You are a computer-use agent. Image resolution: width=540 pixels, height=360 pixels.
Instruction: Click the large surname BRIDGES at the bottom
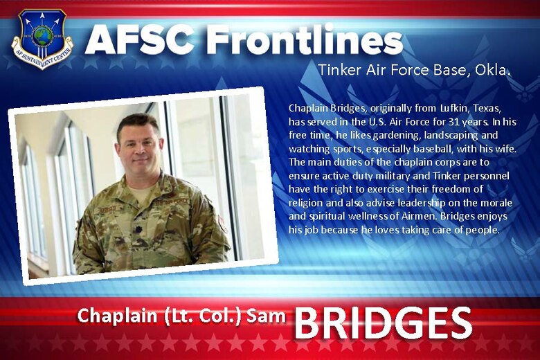click(383, 323)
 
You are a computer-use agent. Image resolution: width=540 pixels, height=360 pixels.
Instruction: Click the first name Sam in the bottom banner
click(267, 316)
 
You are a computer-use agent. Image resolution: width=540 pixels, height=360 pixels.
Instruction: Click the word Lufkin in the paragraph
click(417, 109)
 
